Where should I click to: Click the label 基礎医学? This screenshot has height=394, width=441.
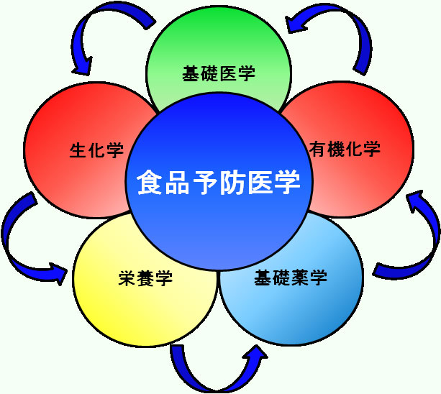click(x=219, y=73)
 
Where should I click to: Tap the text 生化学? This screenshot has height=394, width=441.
click(x=96, y=151)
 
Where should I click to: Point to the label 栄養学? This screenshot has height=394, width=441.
click(x=145, y=279)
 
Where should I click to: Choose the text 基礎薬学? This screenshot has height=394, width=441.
click(x=291, y=278)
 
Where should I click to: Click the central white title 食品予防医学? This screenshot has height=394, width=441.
click(x=218, y=181)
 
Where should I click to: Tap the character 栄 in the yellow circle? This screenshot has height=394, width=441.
click(x=127, y=279)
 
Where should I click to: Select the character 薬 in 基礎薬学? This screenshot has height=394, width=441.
click(x=300, y=278)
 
